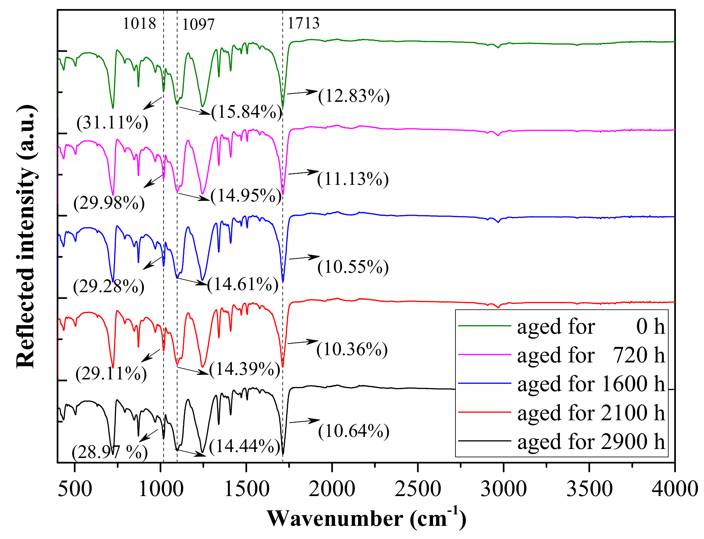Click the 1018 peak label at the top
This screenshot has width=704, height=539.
(139, 24)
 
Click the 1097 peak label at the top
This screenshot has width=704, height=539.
(198, 25)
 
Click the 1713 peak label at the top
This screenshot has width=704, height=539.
(304, 23)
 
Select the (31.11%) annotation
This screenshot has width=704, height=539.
(112, 123)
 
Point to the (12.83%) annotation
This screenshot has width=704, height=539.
(354, 96)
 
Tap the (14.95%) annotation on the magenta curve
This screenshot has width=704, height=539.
(246, 196)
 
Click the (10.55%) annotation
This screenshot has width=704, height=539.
(353, 267)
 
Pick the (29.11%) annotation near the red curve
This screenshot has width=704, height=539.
(111, 374)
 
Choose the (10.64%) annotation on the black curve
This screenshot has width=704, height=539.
(354, 431)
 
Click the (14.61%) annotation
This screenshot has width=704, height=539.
(243, 285)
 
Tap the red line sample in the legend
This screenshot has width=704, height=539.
(485, 412)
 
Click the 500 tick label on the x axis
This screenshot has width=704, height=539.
(75, 489)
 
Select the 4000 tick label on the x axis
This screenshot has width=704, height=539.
(675, 489)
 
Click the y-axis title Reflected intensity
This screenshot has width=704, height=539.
(26, 235)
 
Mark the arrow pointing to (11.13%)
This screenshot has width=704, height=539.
(303, 172)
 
